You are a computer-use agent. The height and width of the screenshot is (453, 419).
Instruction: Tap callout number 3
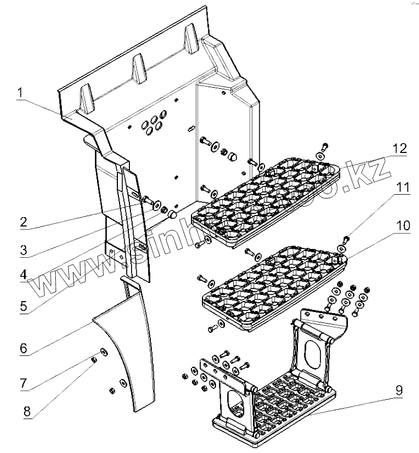(23, 250)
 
